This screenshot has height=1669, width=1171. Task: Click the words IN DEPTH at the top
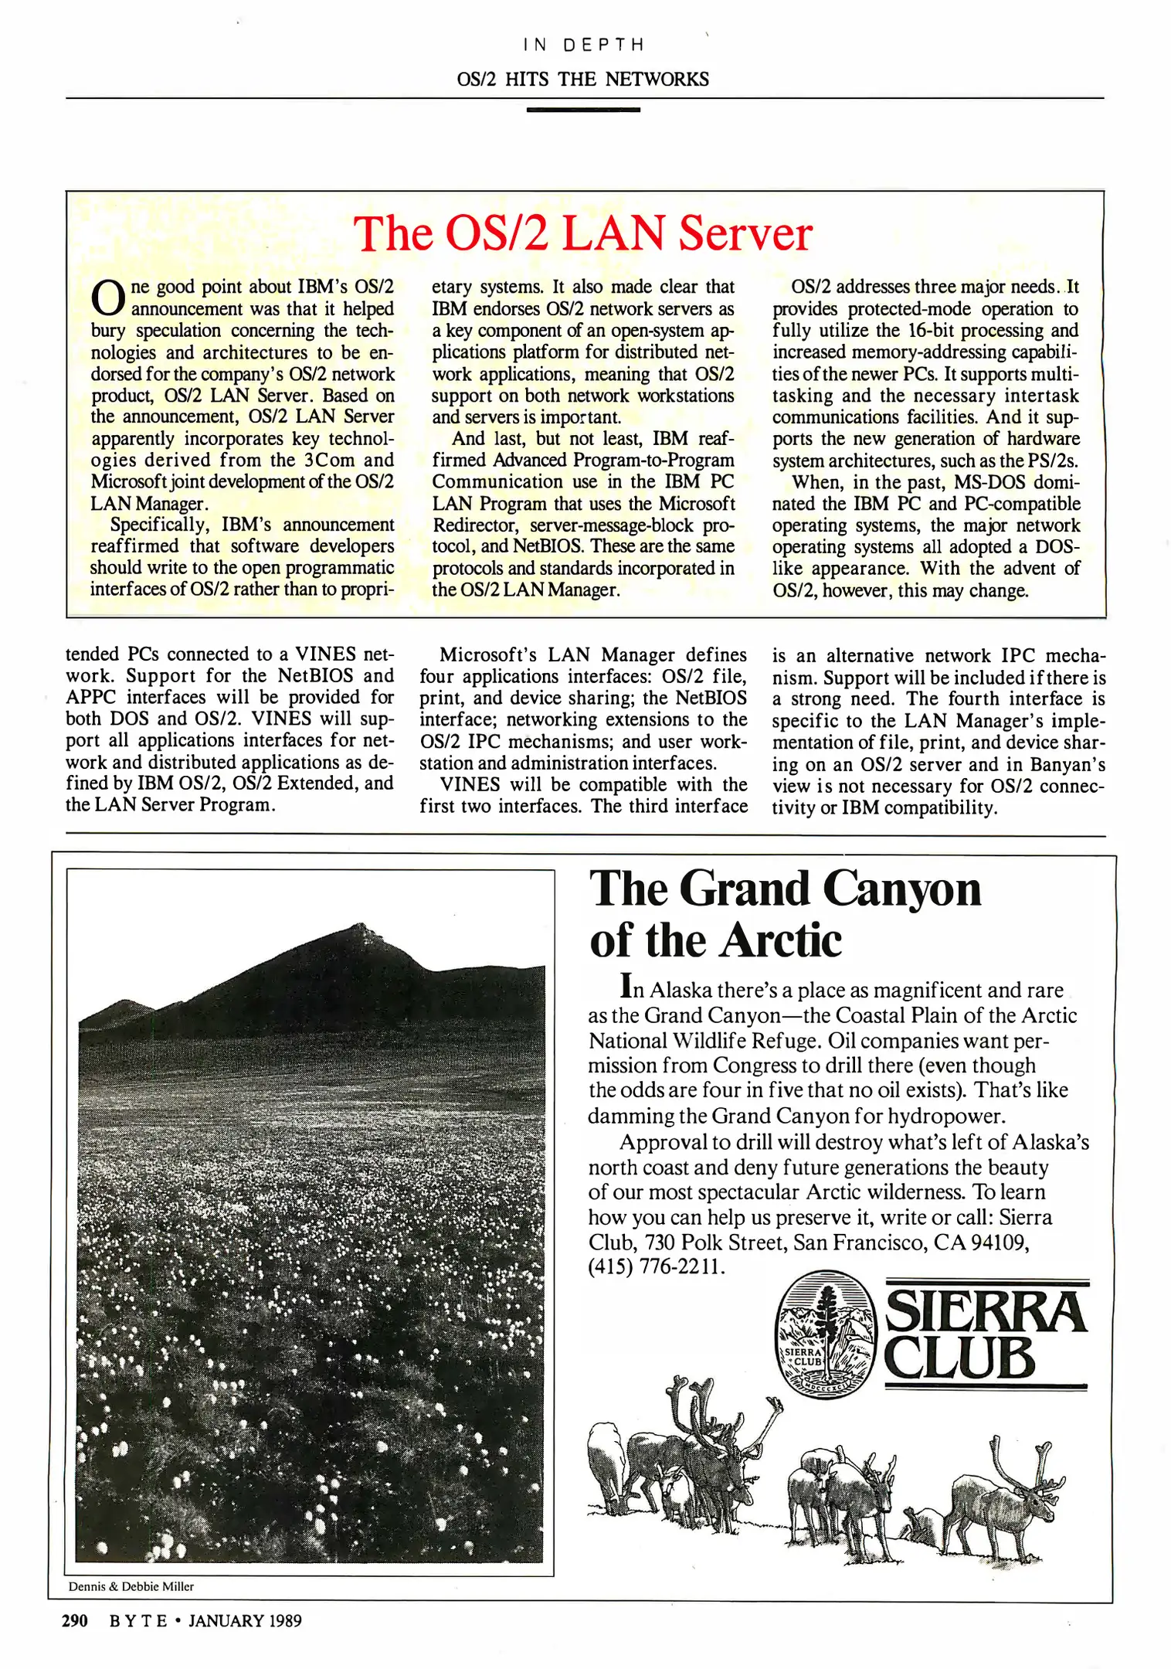click(x=583, y=45)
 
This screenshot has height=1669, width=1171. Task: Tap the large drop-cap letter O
click(x=107, y=298)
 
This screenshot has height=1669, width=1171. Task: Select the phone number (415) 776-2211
click(x=656, y=1267)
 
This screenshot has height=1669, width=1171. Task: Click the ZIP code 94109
click(x=1000, y=1242)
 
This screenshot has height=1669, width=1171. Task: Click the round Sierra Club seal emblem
click(x=825, y=1335)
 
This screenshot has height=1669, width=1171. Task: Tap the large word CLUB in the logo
click(x=959, y=1358)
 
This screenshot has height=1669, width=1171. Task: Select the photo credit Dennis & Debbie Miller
click(x=131, y=1586)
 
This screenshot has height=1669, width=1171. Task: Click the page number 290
click(x=75, y=1621)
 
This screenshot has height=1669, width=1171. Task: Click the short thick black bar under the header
click(x=583, y=110)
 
